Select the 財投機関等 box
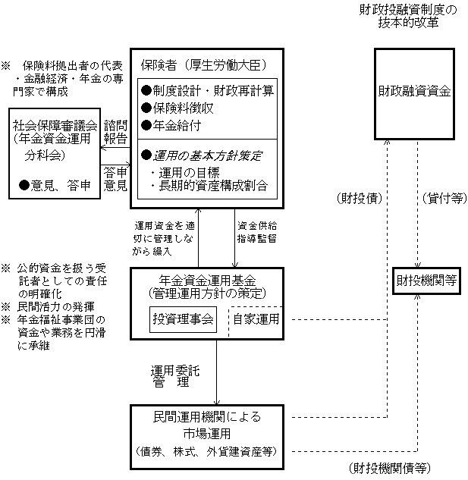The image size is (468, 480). [426, 281]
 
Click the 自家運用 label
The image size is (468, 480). [255, 320]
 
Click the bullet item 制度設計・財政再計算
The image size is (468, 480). [207, 92]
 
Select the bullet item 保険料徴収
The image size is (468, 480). [182, 108]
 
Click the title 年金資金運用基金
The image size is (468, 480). [206, 280]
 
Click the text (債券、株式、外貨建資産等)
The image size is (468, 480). [206, 450]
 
